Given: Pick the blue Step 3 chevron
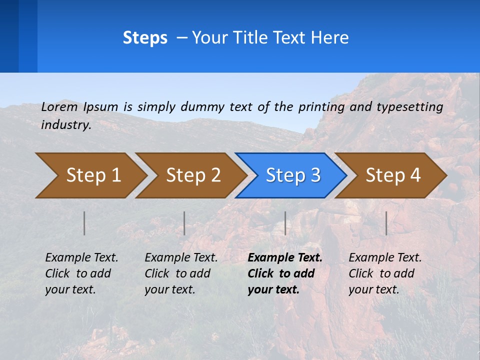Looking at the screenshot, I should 293,175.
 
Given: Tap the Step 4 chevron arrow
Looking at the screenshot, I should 393,175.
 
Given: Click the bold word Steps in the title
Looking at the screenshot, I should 145,38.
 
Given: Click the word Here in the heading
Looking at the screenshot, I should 329,38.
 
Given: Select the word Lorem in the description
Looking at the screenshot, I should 59,106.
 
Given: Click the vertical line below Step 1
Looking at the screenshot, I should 84,223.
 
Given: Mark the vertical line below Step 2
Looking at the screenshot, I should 184,223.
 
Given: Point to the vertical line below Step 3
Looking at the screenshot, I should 285,223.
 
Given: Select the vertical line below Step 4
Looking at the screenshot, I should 386,223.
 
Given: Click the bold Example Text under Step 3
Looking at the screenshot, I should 285,258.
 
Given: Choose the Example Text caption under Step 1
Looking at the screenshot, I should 81,258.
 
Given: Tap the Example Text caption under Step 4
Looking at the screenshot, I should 385,258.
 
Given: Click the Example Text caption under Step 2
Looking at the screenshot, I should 181,258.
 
